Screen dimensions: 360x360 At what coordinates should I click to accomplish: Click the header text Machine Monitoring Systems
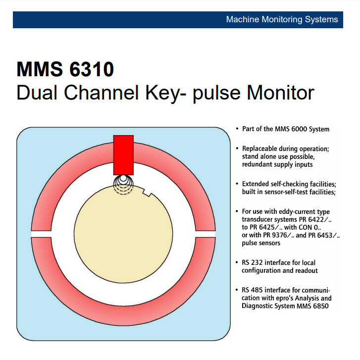click(x=282, y=20)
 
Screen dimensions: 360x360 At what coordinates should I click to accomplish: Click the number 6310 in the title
click(x=89, y=69)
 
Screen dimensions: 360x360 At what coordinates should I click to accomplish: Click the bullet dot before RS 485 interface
click(x=237, y=290)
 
